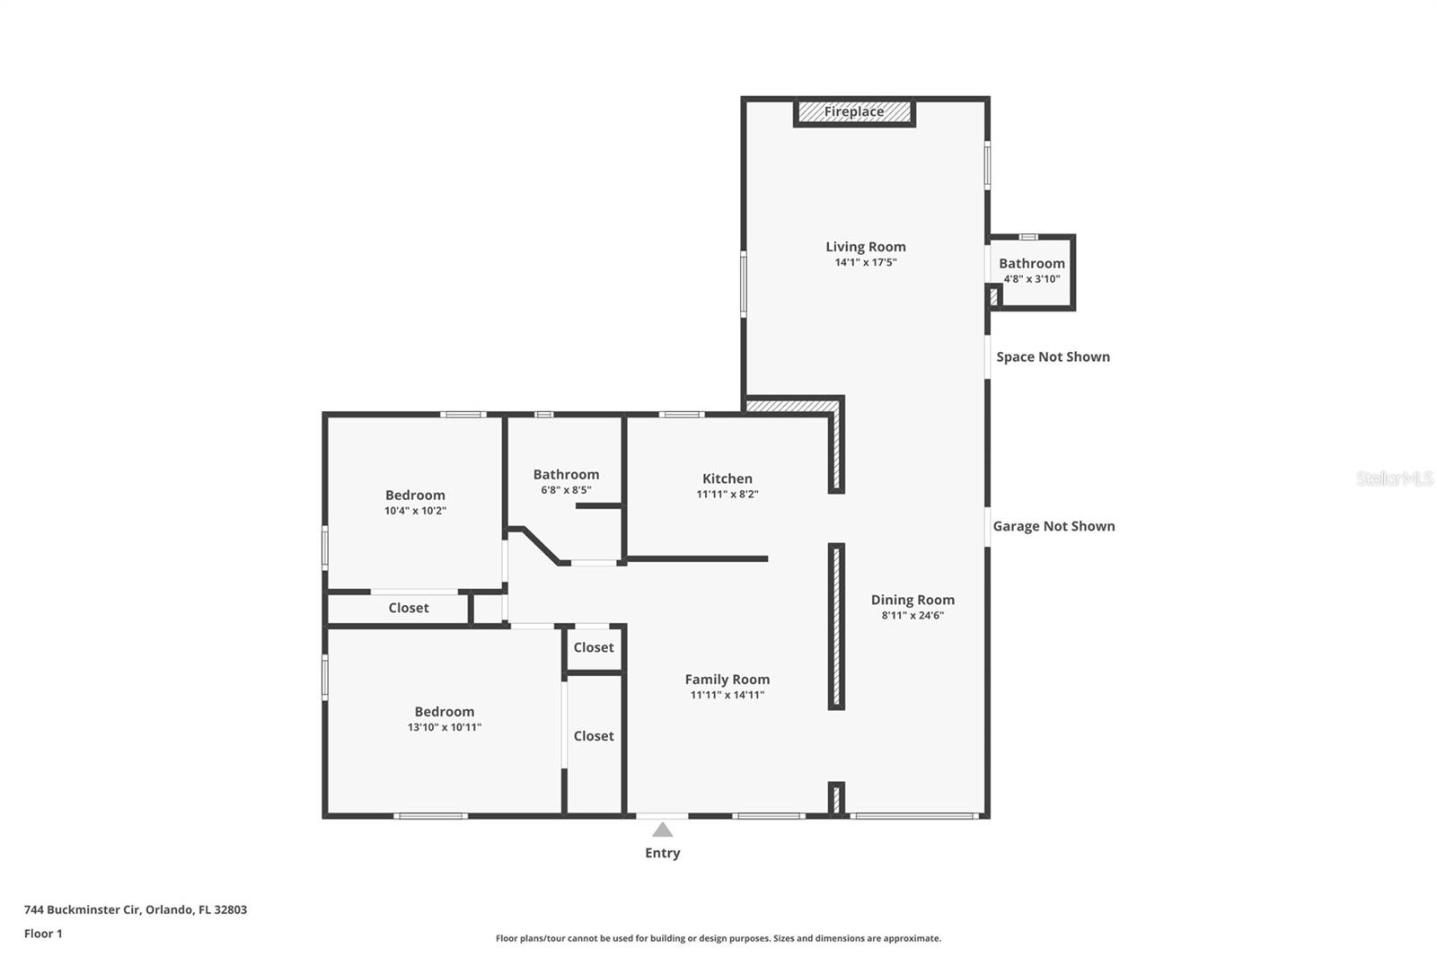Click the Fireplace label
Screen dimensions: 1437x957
[x=854, y=111]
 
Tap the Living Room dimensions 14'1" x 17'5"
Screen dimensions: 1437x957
[x=866, y=262]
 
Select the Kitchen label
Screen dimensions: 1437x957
[x=727, y=478]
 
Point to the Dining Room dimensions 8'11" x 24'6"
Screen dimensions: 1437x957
[x=912, y=615]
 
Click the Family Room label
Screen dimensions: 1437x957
[x=727, y=680]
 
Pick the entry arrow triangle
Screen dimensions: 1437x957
[x=662, y=830]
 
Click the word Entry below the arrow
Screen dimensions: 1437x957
[x=662, y=853]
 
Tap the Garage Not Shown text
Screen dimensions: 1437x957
[x=1054, y=526]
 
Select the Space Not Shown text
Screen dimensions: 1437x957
[x=1053, y=356]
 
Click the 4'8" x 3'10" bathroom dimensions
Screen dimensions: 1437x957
[x=1032, y=279]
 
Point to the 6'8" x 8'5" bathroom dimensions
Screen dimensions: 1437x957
[x=566, y=490]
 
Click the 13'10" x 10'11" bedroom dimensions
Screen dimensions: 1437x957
[x=444, y=727]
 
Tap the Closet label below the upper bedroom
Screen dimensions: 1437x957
[x=409, y=608]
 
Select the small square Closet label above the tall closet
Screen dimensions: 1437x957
[x=594, y=647]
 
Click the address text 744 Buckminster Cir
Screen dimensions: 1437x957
[x=82, y=909]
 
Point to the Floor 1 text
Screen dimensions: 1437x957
[x=43, y=934]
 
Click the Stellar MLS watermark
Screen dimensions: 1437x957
[x=1395, y=478]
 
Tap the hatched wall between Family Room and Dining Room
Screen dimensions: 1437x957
[x=836, y=626]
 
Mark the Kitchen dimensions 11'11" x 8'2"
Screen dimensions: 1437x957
[x=727, y=495]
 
